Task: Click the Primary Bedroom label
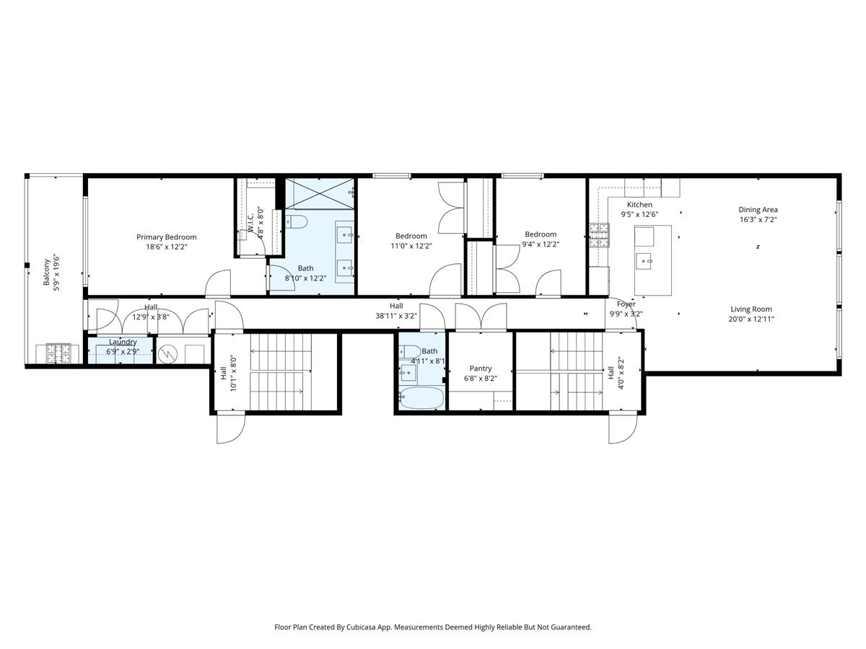pos(166,237)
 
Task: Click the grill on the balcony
pos(58,353)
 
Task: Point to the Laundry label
pos(123,342)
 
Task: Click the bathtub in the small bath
pos(421,398)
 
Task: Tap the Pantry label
pos(480,368)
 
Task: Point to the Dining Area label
pos(758,210)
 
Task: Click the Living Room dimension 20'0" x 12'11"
pos(756,319)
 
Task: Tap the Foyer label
pos(626,304)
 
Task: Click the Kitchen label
pos(639,205)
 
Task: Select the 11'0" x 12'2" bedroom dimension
pos(411,245)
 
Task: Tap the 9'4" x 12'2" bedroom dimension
pos(541,244)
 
